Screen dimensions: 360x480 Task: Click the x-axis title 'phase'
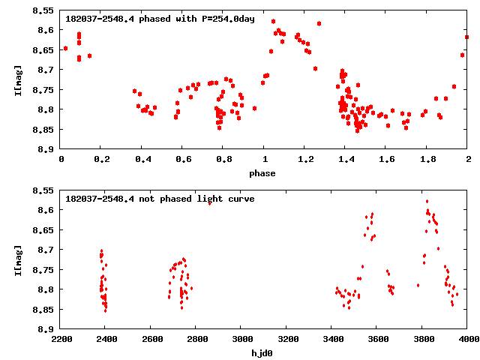pyautogui.click(x=264, y=173)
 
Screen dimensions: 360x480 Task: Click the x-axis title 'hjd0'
pyautogui.click(x=264, y=352)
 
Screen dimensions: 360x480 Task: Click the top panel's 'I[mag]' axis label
pyautogui.click(x=17, y=79)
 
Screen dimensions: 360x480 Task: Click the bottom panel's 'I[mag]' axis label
pyautogui.click(x=17, y=259)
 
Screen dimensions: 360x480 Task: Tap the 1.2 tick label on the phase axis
pyautogui.click(x=305, y=160)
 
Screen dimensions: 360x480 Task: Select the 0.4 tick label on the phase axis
pyautogui.click(x=142, y=160)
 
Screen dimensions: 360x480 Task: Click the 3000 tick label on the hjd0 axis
pyautogui.click(x=241, y=339)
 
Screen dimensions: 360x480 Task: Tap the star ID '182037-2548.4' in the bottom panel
pyautogui.click(x=100, y=199)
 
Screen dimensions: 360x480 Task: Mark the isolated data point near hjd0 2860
pyautogui.click(x=209, y=202)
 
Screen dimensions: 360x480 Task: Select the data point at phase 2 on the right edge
pyautogui.click(x=467, y=37)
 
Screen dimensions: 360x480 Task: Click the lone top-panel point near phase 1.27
pyautogui.click(x=319, y=23)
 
